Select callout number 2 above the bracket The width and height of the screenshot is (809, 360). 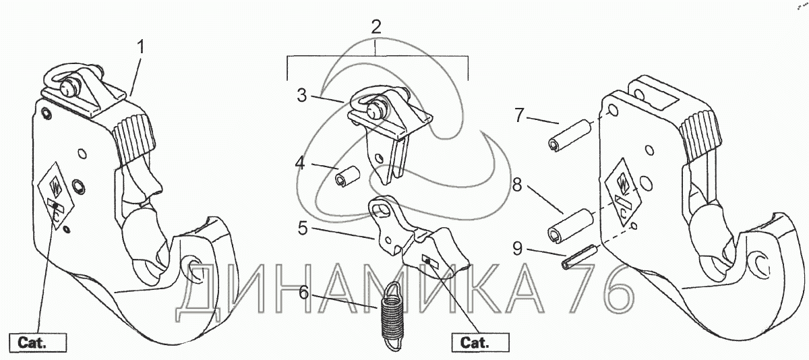coord(376,28)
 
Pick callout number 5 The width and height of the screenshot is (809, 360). coord(303,229)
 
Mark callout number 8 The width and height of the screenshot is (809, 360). coord(518,184)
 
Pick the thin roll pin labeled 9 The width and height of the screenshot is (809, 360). coord(576,257)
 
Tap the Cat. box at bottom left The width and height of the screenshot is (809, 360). coord(38,342)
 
